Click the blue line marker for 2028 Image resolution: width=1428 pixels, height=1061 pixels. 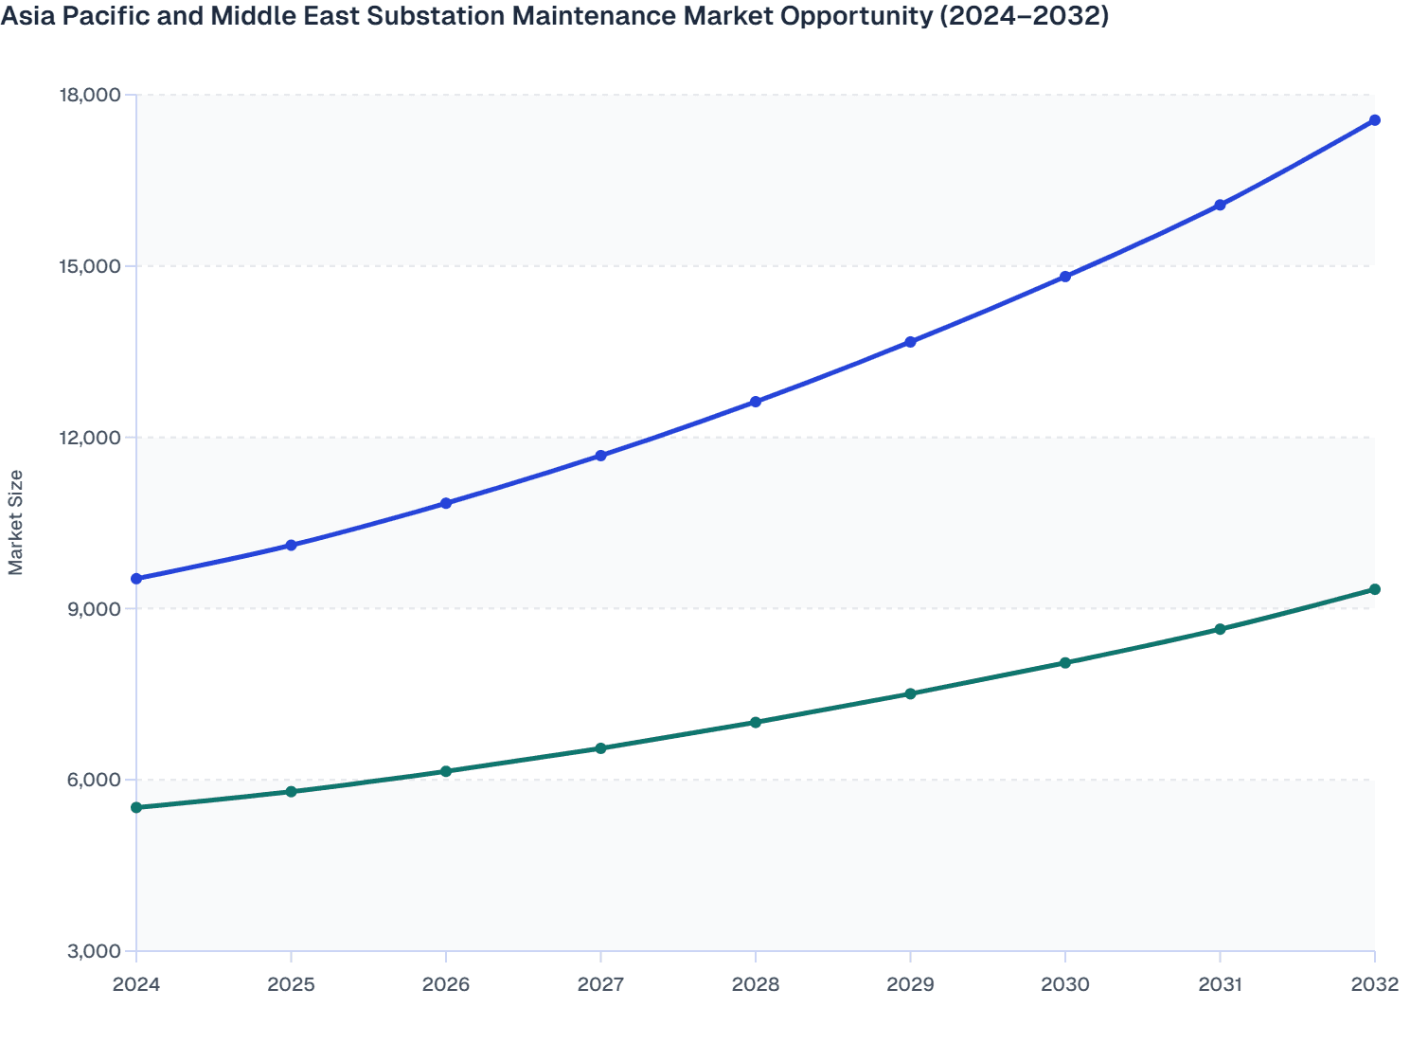[x=756, y=402]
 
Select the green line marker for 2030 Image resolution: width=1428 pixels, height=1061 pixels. [x=1065, y=663]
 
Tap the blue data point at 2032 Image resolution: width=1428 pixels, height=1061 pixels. [x=1375, y=120]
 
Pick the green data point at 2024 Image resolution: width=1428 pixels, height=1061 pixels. [x=136, y=807]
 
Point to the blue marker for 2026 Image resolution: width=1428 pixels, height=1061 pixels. [x=446, y=503]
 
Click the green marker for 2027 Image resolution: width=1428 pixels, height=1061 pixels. [x=600, y=748]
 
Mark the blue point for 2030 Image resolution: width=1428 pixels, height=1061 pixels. [x=1065, y=277]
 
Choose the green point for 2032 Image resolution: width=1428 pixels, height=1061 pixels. [x=1375, y=589]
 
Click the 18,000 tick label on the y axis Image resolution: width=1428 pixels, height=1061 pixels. [x=90, y=95]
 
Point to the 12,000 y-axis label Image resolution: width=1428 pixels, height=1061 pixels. [x=90, y=437]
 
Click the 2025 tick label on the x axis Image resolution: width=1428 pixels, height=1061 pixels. [x=291, y=984]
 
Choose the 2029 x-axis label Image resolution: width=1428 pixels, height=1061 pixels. [x=910, y=984]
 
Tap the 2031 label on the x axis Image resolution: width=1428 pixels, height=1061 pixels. [x=1220, y=984]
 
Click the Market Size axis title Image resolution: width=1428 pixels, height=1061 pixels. [x=16, y=522]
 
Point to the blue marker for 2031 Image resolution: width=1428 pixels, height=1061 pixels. [x=1220, y=205]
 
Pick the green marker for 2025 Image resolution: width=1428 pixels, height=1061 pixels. [x=291, y=792]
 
